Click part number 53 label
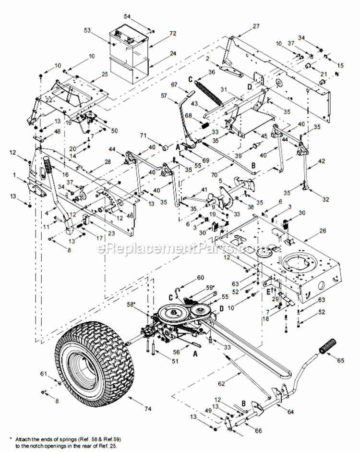tap(87, 30)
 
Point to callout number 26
tap(323, 231)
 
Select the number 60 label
tap(200, 277)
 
